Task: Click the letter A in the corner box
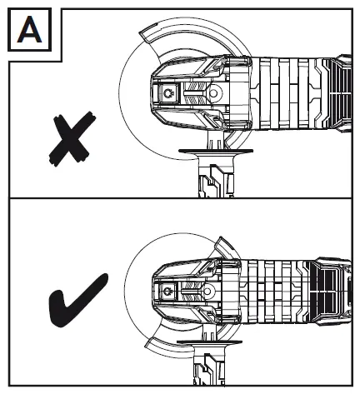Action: pos(29,29)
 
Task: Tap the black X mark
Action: pos(72,139)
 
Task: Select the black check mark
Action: pos(77,301)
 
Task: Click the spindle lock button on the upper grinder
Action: pos(168,93)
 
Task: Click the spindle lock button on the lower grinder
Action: pos(167,292)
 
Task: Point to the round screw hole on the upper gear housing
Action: pos(213,93)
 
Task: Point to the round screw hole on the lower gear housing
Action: pos(207,292)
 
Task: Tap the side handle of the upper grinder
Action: pos(216,173)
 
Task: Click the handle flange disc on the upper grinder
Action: pos(216,151)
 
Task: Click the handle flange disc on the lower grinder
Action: pos(209,342)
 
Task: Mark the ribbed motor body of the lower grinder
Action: pos(275,292)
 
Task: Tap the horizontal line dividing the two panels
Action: pos(181,198)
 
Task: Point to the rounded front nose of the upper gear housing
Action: pos(153,93)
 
